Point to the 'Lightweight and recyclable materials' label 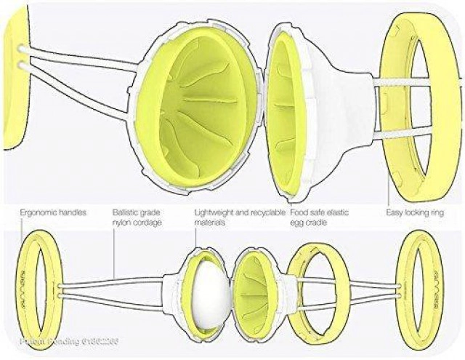click(x=232, y=217)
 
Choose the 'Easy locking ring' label click(x=415, y=213)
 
